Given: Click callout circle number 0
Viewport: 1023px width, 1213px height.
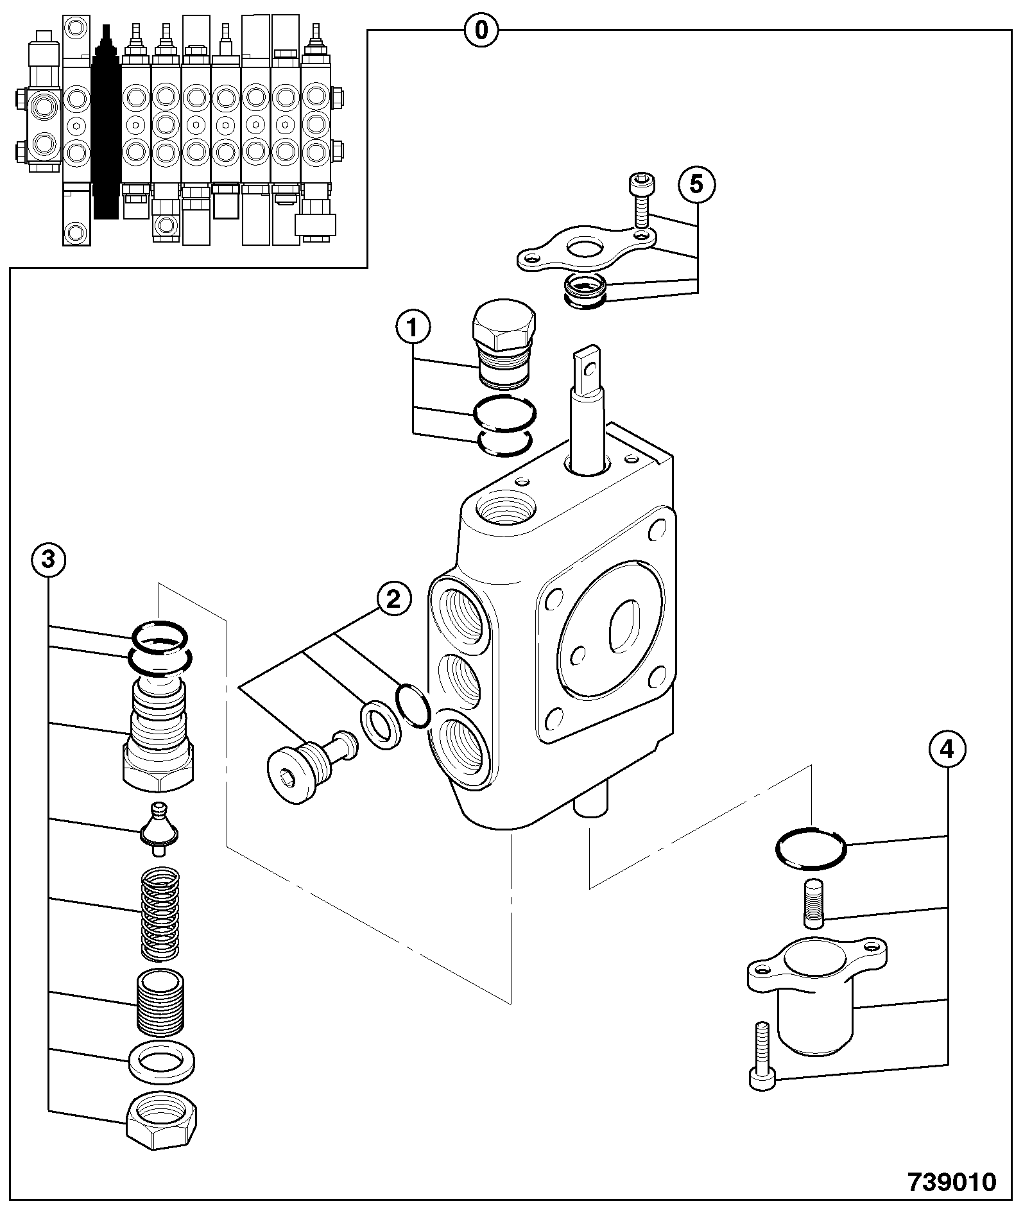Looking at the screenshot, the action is pyautogui.click(x=481, y=30).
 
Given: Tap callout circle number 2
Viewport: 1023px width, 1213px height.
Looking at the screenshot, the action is pyautogui.click(x=393, y=599).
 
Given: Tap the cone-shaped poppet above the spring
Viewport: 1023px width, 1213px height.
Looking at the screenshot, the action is pyautogui.click(x=159, y=829).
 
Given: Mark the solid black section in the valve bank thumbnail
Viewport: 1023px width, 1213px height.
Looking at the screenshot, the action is pyautogui.click(x=107, y=122).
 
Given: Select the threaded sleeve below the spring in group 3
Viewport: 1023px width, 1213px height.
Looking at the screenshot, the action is pyautogui.click(x=160, y=1002).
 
